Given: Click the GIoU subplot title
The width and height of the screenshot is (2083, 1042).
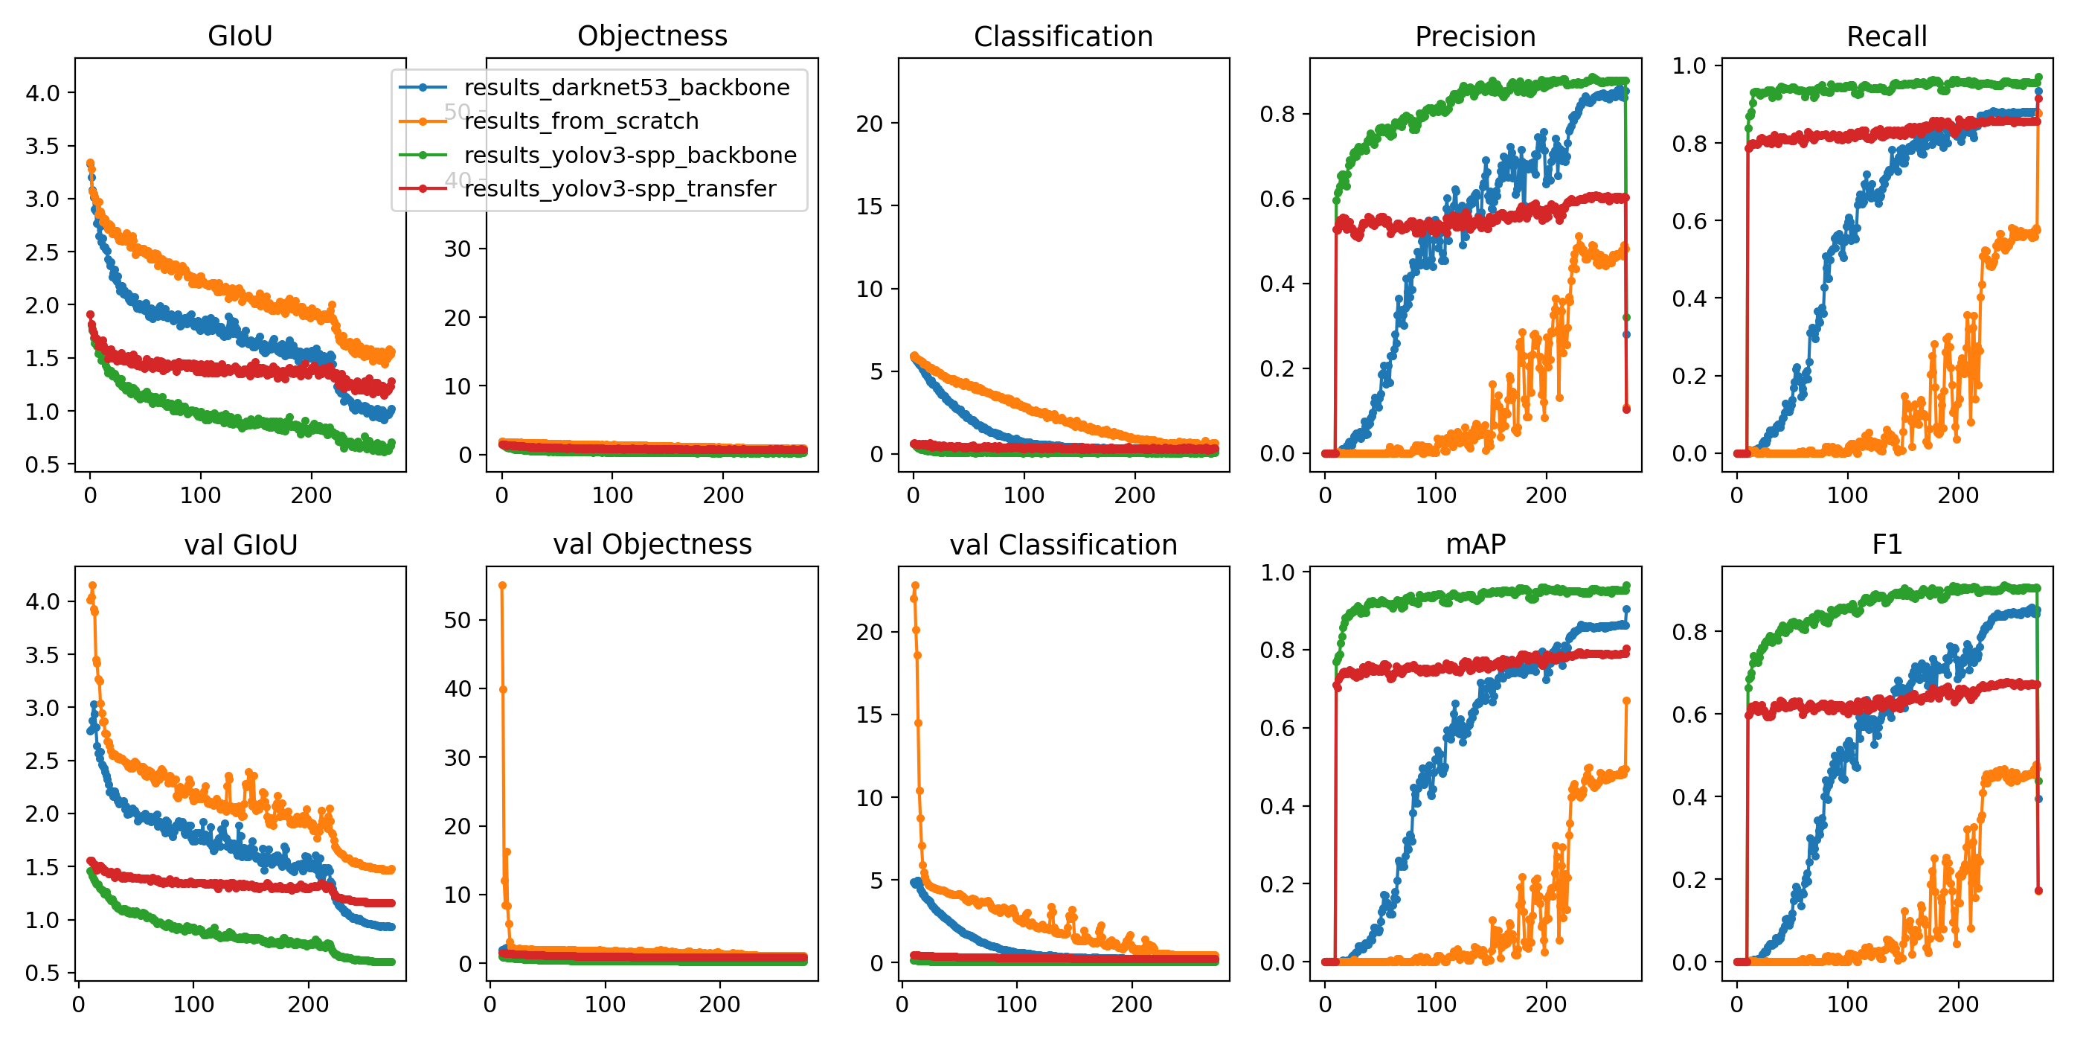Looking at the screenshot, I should (240, 36).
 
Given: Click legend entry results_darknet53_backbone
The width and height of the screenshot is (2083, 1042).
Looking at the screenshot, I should (626, 87).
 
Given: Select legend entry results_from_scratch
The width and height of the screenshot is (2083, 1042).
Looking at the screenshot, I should (580, 121).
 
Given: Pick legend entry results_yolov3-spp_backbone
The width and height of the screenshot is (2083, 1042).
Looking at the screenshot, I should (630, 155).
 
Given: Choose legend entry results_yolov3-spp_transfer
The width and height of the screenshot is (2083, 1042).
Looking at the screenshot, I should (620, 188).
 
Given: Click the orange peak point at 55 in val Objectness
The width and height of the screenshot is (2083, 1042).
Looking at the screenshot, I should (502, 585).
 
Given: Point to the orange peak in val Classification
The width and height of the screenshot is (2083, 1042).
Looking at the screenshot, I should (914, 585).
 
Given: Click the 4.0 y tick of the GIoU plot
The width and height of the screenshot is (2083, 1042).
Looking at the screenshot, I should (43, 93).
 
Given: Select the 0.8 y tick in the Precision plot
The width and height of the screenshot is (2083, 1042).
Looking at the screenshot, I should (1277, 114).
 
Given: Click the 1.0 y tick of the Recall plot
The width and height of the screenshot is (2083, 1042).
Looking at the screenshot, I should (1689, 65).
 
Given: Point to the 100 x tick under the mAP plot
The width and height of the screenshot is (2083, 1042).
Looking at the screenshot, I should (1435, 1004).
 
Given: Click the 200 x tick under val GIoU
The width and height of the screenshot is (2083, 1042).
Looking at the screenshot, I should (308, 1004).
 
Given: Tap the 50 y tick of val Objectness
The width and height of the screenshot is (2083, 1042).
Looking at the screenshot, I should (457, 620).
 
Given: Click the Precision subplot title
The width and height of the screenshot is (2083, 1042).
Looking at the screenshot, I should (1475, 36).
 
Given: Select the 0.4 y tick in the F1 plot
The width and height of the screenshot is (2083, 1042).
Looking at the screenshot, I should (1689, 797).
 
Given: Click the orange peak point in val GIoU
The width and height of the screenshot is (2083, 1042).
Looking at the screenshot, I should (93, 585).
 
